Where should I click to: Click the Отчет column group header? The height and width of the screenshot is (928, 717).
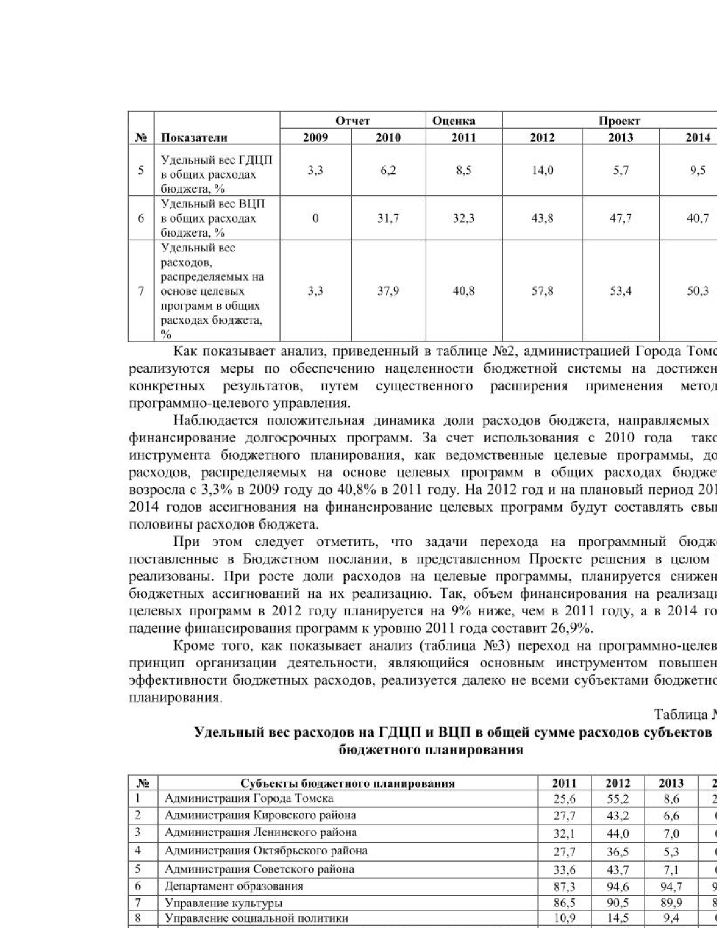click(x=353, y=121)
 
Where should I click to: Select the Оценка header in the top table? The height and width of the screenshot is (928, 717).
click(x=454, y=121)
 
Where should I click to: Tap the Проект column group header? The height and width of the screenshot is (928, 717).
click(x=619, y=121)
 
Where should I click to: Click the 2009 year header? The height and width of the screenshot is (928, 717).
click(x=315, y=137)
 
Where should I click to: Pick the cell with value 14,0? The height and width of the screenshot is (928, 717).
click(x=542, y=170)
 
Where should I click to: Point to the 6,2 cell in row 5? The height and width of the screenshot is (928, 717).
click(x=388, y=170)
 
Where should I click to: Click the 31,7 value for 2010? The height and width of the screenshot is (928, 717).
click(x=388, y=218)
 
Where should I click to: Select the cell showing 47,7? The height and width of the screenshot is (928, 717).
click(x=620, y=218)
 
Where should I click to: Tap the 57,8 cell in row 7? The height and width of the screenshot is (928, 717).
click(x=542, y=291)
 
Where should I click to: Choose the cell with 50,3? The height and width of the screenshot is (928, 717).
click(x=697, y=291)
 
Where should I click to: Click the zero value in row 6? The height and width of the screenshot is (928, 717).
click(x=315, y=218)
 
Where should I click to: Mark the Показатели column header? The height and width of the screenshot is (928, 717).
click(x=194, y=137)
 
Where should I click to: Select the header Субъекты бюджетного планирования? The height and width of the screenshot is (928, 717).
click(x=348, y=783)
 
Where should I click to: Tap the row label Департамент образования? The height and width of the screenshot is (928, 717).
click(x=233, y=886)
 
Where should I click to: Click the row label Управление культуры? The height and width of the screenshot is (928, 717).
click(x=223, y=904)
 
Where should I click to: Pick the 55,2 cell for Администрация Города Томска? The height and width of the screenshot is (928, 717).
click(x=617, y=799)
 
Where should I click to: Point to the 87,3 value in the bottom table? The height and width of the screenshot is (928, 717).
click(x=564, y=887)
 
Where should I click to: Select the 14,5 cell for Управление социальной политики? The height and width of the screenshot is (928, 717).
click(x=617, y=919)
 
